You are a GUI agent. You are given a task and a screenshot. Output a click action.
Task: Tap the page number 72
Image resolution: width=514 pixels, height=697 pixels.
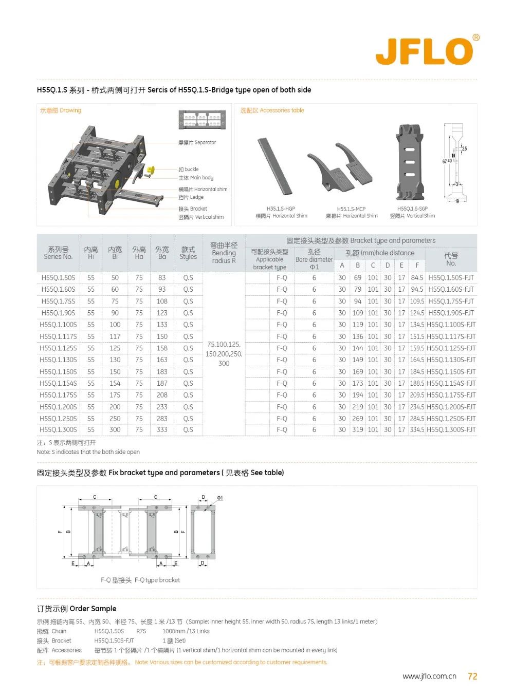pos(472,676)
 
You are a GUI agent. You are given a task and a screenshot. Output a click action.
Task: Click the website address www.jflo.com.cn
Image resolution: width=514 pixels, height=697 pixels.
pos(429,676)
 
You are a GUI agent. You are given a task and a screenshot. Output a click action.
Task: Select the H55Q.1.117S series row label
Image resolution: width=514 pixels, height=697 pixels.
pos(58,336)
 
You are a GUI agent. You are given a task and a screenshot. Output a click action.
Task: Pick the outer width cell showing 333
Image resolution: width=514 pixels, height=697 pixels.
pos(162,430)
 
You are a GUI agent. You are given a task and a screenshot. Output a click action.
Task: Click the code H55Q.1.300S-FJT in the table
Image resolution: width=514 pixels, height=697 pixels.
pos(451,430)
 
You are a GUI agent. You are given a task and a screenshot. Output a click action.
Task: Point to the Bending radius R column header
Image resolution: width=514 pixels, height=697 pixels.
pos(224,253)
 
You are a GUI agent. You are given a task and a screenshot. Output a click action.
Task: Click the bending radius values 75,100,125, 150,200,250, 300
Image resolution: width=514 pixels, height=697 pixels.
pos(224,354)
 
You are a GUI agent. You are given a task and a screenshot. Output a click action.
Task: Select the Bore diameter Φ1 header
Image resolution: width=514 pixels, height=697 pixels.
pos(314,259)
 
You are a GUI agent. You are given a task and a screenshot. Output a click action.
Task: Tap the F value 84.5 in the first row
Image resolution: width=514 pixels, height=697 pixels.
pos(417,278)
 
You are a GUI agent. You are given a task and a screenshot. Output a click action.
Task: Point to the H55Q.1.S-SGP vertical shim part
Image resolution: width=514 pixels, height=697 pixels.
pos(410,162)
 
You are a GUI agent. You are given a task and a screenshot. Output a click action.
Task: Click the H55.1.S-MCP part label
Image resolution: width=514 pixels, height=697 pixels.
pos(351,209)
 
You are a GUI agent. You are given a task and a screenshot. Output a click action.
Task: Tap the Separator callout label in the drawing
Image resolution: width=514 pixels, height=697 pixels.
pos(197,143)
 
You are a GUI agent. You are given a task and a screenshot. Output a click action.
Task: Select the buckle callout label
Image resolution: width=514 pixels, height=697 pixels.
pos(189,169)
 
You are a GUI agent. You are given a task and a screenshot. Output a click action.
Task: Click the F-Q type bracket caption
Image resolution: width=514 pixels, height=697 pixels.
pos(140,580)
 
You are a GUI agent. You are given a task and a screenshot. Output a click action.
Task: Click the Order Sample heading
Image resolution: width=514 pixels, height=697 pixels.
pos(77,609)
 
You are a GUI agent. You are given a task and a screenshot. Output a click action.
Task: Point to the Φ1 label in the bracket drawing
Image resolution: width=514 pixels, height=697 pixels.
pos(219,498)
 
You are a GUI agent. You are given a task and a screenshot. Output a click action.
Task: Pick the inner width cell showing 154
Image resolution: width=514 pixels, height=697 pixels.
pos(115,383)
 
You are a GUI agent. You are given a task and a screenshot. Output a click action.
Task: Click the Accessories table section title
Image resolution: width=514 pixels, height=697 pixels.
pos(272,110)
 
